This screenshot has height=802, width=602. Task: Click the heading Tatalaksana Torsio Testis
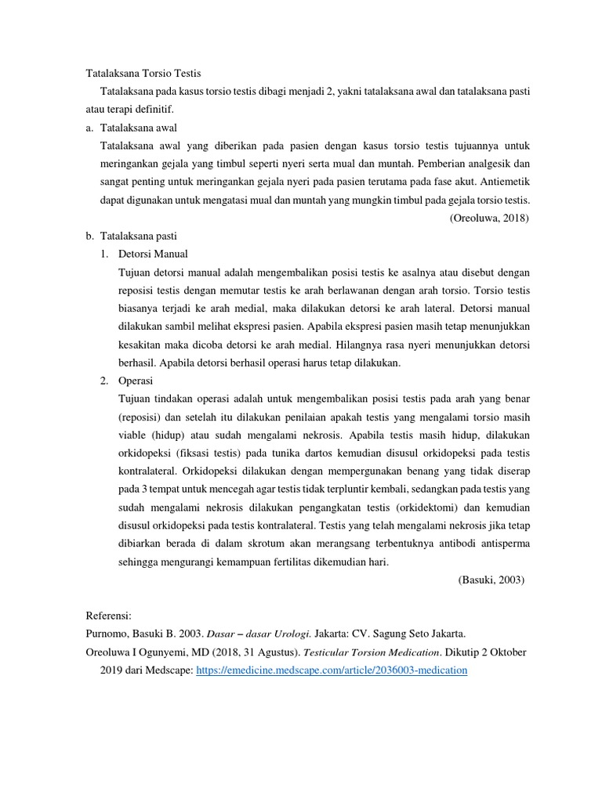(x=143, y=73)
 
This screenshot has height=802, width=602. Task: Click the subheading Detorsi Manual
(x=153, y=255)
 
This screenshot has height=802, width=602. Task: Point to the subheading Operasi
(x=136, y=381)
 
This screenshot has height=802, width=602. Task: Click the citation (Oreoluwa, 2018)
(x=489, y=218)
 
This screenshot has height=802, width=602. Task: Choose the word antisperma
(x=499, y=544)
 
